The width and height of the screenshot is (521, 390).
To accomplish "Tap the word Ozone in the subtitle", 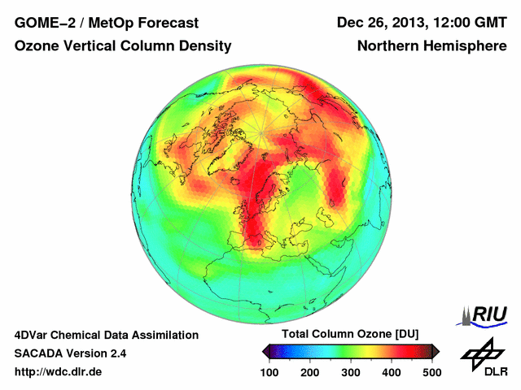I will coord(37,46).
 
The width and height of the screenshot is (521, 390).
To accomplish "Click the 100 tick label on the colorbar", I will coord(269,372).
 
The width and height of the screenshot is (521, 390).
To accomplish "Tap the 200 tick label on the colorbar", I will coord(310,372).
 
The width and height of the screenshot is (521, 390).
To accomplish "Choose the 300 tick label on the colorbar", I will coord(350,372).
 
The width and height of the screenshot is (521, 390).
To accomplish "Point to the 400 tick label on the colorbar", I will coord(391,372).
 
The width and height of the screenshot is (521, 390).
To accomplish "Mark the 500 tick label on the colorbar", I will coord(431,372).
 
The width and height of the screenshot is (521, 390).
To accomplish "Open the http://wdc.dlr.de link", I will coord(59,372).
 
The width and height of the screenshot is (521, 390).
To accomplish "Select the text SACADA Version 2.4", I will coord(70,353).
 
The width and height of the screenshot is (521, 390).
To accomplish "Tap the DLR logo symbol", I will coord(481,352).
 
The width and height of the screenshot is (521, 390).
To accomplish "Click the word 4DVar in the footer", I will coord(32,335).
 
